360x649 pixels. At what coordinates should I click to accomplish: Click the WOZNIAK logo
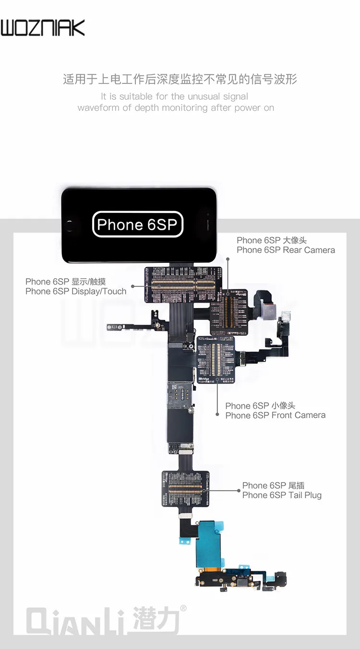[43, 28]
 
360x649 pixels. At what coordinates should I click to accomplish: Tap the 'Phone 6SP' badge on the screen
[137, 224]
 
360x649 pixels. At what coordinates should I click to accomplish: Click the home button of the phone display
[71, 225]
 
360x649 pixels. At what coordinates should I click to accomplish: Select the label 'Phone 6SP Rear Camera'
[286, 245]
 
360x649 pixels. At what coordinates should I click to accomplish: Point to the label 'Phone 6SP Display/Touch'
[76, 286]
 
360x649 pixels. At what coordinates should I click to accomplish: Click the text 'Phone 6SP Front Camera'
[276, 411]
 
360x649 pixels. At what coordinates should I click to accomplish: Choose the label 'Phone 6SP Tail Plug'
[282, 490]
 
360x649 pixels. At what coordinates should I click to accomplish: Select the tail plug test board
[185, 488]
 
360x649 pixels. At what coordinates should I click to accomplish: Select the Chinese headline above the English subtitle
[180, 79]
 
